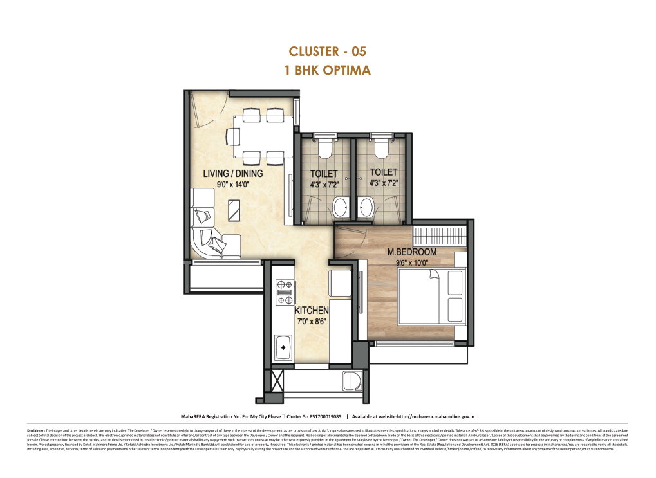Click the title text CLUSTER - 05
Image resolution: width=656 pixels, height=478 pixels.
(328, 51)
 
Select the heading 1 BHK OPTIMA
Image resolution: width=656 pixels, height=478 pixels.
(328, 70)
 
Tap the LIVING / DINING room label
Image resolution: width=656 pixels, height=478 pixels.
(232, 174)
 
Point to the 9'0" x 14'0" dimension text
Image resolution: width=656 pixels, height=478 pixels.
(232, 184)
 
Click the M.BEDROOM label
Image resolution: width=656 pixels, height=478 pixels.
(412, 252)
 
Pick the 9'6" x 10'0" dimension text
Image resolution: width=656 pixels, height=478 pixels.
(412, 262)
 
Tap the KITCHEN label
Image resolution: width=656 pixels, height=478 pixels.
(312, 311)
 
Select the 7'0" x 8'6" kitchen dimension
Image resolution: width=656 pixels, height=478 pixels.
(312, 322)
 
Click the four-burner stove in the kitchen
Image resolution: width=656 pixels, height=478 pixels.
(282, 291)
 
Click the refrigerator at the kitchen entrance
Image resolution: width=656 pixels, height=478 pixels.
(339, 282)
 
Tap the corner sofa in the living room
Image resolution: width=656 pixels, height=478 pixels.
(209, 232)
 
